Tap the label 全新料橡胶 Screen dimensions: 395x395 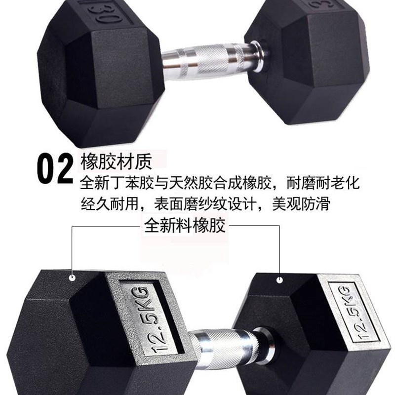[x=185, y=227]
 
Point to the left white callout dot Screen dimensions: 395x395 [x=73, y=278]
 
